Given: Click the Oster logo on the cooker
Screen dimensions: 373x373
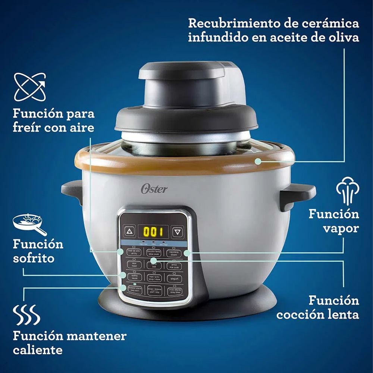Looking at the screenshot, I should pos(154,188).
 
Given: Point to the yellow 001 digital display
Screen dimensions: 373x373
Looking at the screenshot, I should pos(153,232).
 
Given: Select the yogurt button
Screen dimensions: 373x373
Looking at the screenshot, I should pos(175,278).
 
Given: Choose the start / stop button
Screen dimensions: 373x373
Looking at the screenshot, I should pos(154,290).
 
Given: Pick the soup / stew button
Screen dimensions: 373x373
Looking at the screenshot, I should pos(154,278).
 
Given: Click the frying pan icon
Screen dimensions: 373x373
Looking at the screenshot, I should pos(29,224).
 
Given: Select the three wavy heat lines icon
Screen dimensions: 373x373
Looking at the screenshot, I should pos(26,314).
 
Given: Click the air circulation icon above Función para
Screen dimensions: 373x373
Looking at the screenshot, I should pos(30,87).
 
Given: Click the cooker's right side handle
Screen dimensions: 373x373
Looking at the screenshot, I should pos(298,196).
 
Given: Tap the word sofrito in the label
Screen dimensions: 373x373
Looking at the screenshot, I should pos(34,258).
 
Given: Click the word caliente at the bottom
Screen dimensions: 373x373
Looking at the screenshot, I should pos(37,350).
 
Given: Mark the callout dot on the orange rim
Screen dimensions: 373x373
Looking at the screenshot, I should pos(257,161).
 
